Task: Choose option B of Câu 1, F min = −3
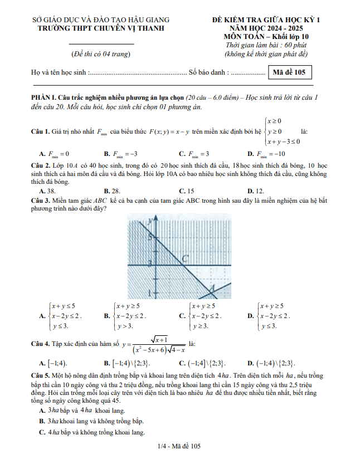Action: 121,154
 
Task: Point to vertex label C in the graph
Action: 186,257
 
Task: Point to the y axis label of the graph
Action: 149,222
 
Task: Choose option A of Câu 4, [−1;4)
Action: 53,363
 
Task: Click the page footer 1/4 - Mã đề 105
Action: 179,446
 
